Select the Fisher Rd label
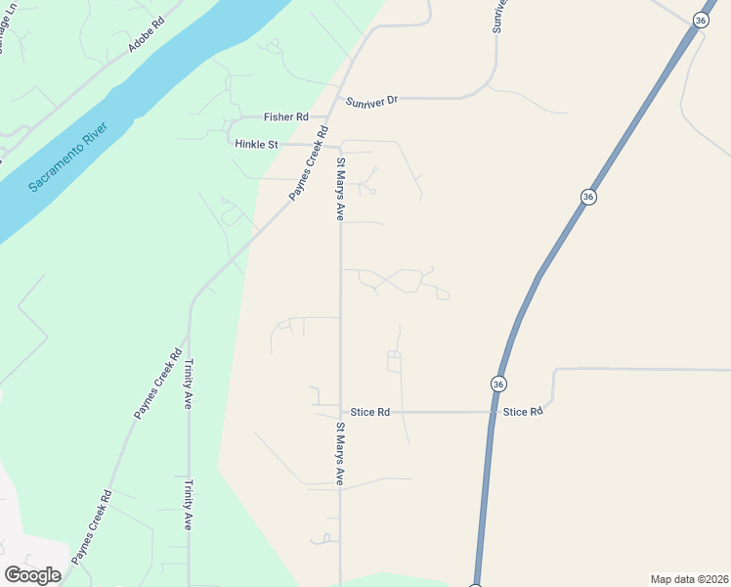286,116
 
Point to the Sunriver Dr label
372,100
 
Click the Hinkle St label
257,144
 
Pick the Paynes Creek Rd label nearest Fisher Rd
307,165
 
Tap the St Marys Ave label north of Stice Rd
340,190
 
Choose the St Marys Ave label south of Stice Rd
340,454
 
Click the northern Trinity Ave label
189,383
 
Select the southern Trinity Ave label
189,504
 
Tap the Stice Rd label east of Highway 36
523,412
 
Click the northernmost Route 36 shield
701,20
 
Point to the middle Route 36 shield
587,197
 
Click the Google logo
33,574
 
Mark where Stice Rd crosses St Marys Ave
340,413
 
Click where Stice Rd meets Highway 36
492,412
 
